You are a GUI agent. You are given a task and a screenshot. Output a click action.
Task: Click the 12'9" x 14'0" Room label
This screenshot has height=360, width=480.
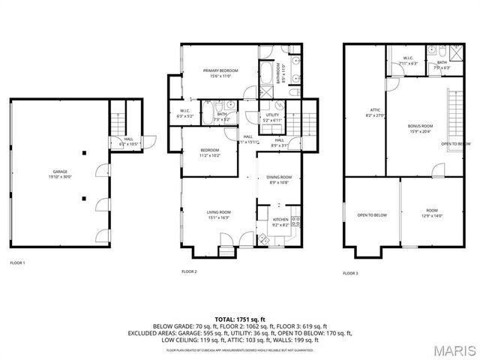[x=432, y=213]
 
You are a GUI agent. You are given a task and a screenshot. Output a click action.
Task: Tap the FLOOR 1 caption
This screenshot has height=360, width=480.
[x=17, y=263]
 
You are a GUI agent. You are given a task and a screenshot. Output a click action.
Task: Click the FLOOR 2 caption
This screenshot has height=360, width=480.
[x=190, y=271]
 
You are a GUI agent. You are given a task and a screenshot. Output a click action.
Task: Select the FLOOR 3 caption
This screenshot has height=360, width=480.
[x=351, y=274]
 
